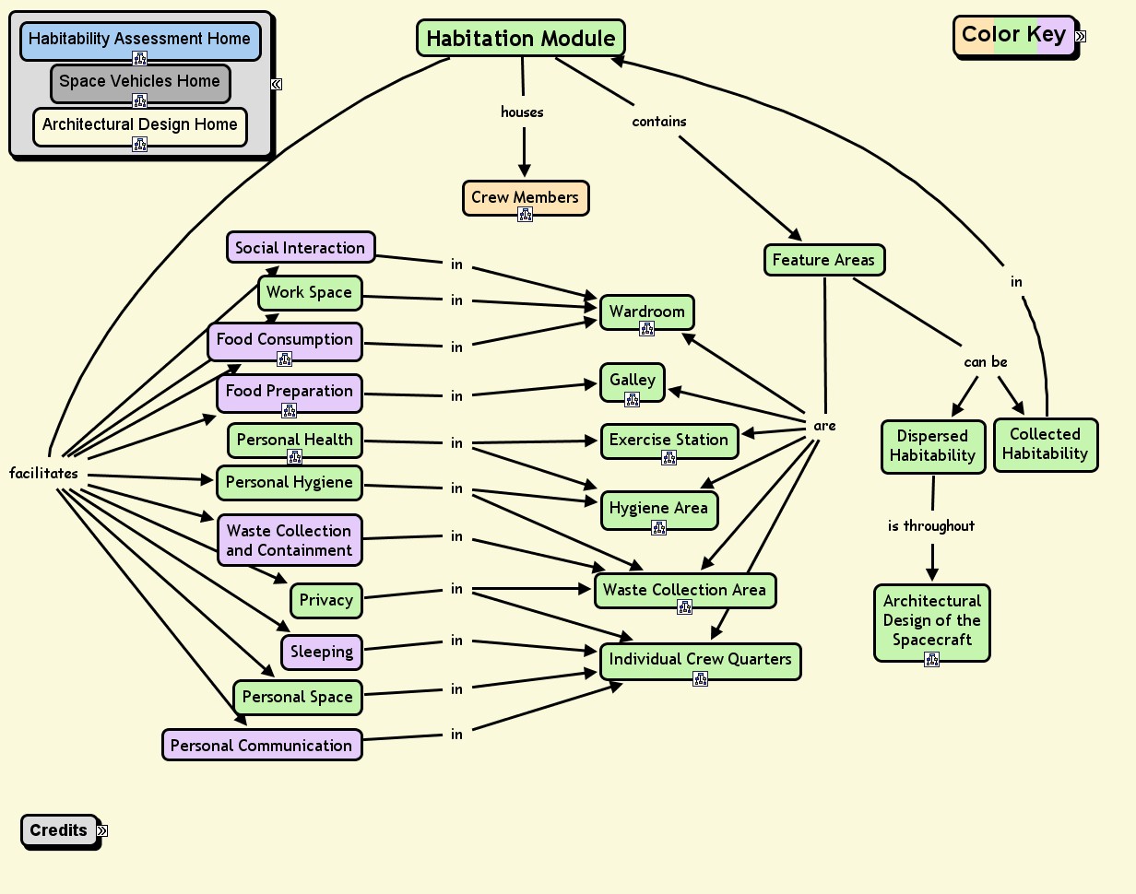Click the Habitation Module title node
[520, 39]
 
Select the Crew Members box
[525, 197]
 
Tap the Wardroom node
[646, 312]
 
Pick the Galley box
[633, 380]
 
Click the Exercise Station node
[669, 440]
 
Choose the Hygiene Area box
[658, 508]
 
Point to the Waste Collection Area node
[684, 590]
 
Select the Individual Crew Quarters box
[700, 659]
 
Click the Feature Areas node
[823, 260]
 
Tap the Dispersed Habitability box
[932, 446]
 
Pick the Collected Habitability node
[1045, 444]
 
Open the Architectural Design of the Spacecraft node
[931, 620]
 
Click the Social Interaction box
[300, 247]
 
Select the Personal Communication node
[261, 745]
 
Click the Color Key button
[1013, 35]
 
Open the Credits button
[58, 829]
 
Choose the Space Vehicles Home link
[139, 81]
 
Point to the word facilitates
[43, 473]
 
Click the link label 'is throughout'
[930, 525]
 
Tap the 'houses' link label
[522, 112]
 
